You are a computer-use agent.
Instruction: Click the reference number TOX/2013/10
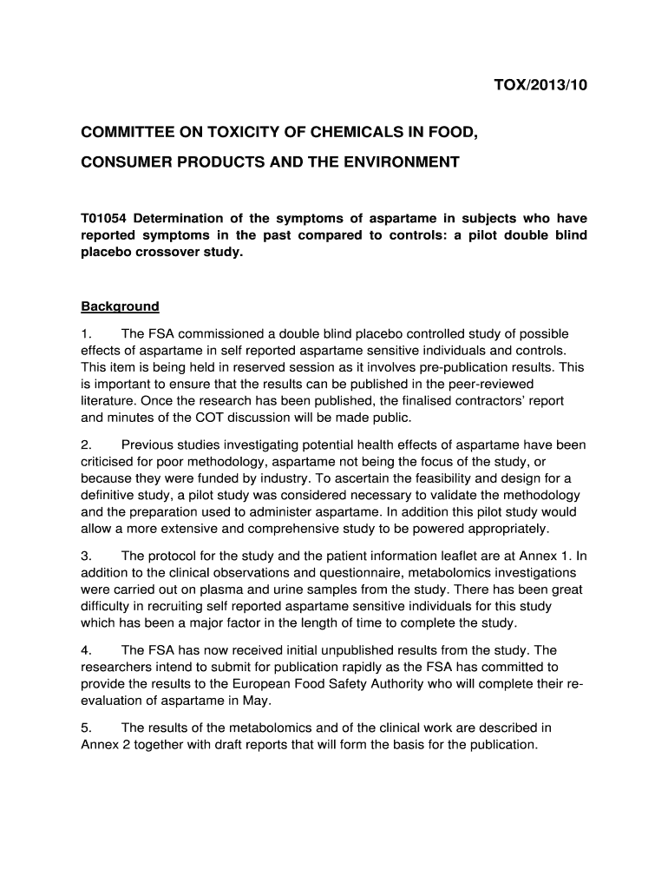pyautogui.click(x=534, y=85)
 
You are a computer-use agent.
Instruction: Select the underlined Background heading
pyautogui.click(x=120, y=306)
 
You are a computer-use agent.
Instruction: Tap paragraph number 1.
pyautogui.click(x=86, y=333)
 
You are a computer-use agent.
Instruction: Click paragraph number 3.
pyautogui.click(x=86, y=556)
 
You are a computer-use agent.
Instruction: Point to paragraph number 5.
pyautogui.click(x=86, y=728)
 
